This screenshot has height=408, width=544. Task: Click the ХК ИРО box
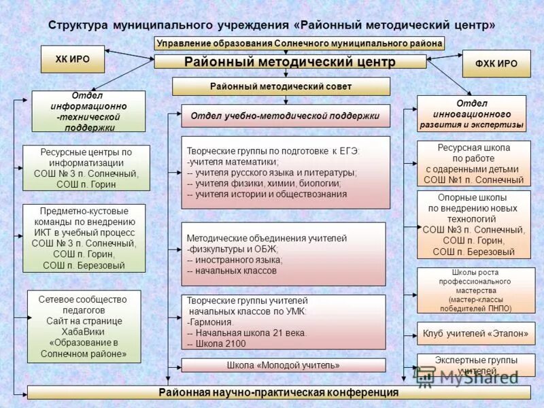(x=72, y=59)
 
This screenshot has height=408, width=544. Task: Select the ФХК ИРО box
(x=496, y=63)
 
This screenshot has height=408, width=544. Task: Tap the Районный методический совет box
(x=281, y=86)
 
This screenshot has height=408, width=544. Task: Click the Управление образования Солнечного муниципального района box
(x=299, y=44)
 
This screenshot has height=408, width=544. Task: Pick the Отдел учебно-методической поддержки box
(x=285, y=116)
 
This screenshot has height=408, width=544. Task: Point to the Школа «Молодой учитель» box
(x=283, y=365)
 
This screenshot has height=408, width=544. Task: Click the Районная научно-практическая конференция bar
(x=278, y=392)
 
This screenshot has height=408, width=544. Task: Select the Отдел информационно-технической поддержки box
(x=88, y=112)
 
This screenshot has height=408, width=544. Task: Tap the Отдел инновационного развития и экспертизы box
(x=471, y=113)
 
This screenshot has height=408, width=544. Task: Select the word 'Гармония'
(x=211, y=322)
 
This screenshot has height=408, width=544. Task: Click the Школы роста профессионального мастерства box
(x=475, y=290)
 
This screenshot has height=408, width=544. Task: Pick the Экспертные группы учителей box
(x=475, y=365)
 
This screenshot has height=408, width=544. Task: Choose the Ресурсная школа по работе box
(x=475, y=163)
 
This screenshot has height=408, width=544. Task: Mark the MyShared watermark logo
(x=469, y=377)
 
